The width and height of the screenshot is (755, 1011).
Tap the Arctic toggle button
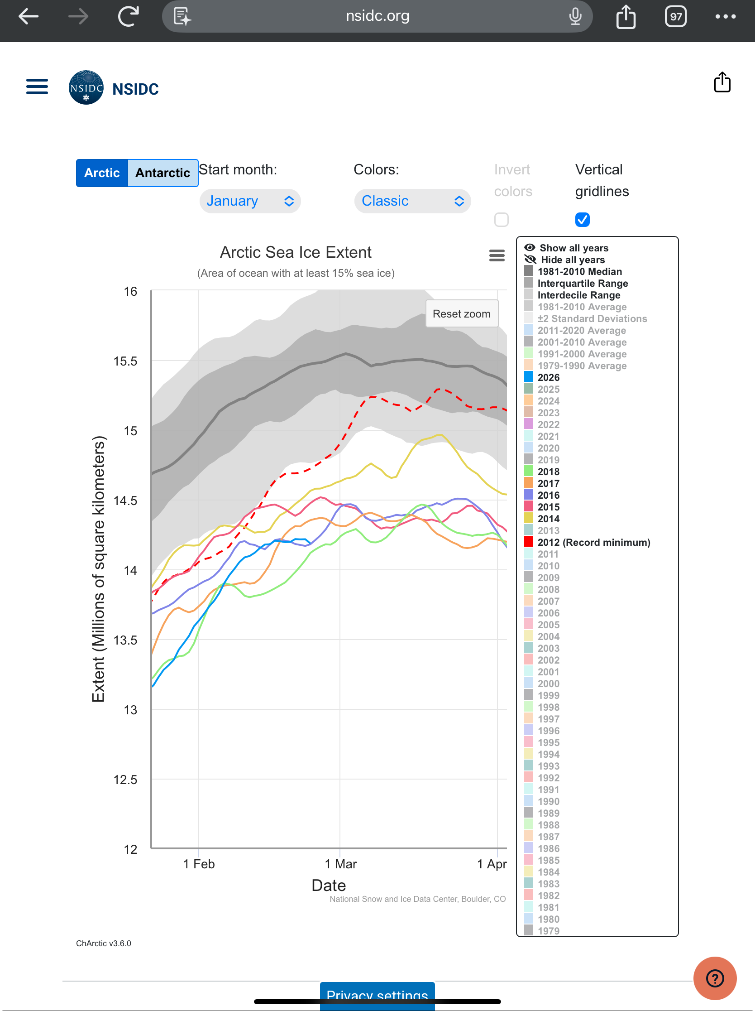click(102, 173)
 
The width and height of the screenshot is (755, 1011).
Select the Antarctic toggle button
click(162, 173)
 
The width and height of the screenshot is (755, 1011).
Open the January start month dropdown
click(250, 201)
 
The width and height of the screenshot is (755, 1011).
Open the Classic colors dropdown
click(412, 201)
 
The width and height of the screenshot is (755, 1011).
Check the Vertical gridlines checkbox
click(583, 220)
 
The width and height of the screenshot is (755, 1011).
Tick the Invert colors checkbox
click(501, 220)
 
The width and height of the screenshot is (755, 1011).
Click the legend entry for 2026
click(548, 377)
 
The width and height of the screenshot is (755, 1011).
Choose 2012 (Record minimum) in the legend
click(593, 543)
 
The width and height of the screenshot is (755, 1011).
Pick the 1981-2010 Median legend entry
click(579, 271)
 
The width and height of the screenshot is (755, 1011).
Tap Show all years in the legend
click(573, 248)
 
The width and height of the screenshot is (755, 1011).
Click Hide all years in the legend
click(572, 260)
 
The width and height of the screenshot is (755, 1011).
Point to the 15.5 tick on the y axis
click(125, 361)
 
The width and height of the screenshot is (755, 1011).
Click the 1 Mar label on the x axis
click(341, 864)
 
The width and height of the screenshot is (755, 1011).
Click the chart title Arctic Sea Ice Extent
click(296, 252)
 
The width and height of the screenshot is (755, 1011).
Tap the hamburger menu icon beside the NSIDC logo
click(37, 87)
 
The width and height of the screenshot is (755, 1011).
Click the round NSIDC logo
click(86, 87)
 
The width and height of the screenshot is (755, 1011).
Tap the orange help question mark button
click(714, 978)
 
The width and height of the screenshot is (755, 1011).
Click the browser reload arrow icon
click(129, 16)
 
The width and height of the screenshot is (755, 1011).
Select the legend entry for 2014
click(548, 519)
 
